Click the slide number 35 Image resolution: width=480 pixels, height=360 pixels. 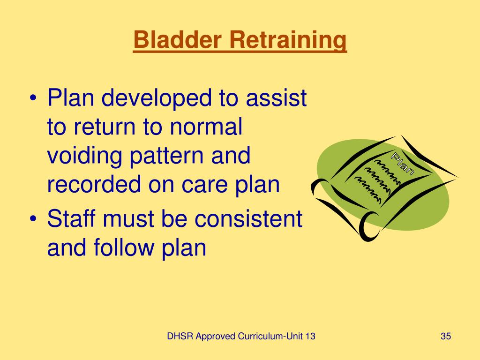click(x=445, y=336)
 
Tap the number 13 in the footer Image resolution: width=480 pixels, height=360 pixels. click(x=309, y=336)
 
